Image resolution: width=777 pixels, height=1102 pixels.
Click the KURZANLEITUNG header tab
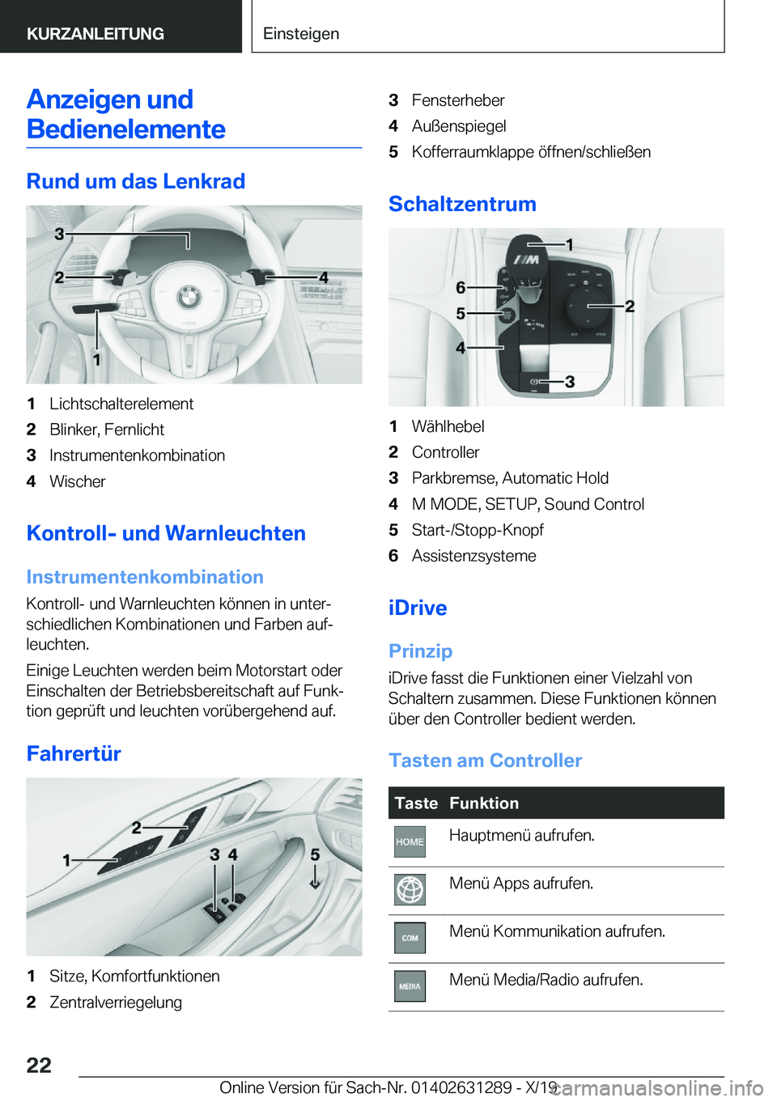click(96, 34)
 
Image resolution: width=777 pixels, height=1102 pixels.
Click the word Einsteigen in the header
click(301, 34)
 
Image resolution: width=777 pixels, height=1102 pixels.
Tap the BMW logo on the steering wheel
click(189, 297)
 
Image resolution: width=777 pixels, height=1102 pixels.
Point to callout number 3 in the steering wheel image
click(59, 234)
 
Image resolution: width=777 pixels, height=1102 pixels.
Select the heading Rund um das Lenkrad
click(136, 181)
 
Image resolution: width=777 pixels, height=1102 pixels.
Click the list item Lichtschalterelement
click(121, 404)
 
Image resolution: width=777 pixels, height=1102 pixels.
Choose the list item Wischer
click(78, 481)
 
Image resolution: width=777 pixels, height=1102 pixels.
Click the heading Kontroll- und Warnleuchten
click(166, 533)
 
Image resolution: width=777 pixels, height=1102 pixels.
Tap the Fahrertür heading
click(74, 753)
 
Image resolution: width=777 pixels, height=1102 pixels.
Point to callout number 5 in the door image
click(315, 854)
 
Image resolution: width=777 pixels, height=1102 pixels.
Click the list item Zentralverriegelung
click(116, 1002)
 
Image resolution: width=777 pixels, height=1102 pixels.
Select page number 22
click(39, 1065)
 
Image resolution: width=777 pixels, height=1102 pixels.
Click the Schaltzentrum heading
click(462, 204)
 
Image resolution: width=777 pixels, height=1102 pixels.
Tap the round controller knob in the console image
click(583, 306)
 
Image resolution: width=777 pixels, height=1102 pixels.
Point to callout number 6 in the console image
click(461, 287)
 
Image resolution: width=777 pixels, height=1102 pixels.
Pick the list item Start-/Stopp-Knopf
click(478, 530)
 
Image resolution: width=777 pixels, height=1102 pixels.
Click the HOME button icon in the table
click(410, 842)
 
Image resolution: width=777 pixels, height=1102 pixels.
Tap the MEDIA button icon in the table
click(410, 986)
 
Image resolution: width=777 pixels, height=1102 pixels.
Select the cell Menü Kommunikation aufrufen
click(557, 931)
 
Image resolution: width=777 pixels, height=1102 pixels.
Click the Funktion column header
click(484, 803)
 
